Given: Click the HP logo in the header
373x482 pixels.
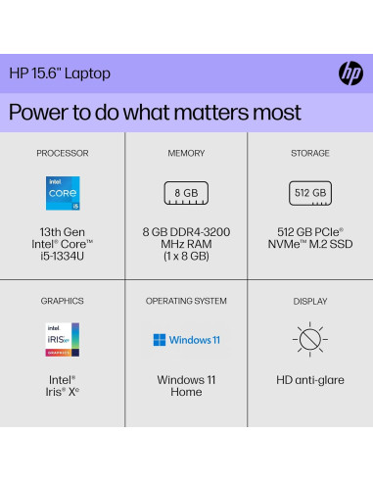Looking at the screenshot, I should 350,72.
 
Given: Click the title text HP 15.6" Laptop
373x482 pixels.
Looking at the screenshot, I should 60,73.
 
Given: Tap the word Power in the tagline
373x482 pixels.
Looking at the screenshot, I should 40,111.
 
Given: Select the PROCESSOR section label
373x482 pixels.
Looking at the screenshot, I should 63,154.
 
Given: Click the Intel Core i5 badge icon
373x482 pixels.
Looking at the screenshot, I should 63,194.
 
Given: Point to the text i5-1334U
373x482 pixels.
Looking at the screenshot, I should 63,257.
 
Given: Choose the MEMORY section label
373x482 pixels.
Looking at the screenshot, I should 186,154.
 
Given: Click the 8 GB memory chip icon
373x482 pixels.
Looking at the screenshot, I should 186,193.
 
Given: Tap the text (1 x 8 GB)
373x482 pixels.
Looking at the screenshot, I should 186,257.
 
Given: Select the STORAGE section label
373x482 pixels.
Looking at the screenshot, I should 310,154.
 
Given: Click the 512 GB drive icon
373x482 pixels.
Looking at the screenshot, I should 310,193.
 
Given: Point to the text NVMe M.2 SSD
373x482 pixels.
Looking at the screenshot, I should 310,244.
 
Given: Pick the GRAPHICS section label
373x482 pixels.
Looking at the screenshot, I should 63,301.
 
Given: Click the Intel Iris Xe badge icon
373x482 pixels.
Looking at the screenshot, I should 63,339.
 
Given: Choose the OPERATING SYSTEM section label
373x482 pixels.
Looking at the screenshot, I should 186,301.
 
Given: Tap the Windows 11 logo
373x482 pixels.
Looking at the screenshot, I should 186,340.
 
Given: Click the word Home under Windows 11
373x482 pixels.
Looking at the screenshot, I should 186,392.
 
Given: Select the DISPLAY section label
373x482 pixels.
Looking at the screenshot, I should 310,301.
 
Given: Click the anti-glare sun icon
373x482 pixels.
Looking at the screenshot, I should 310,340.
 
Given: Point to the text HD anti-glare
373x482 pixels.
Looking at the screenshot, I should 310,379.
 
